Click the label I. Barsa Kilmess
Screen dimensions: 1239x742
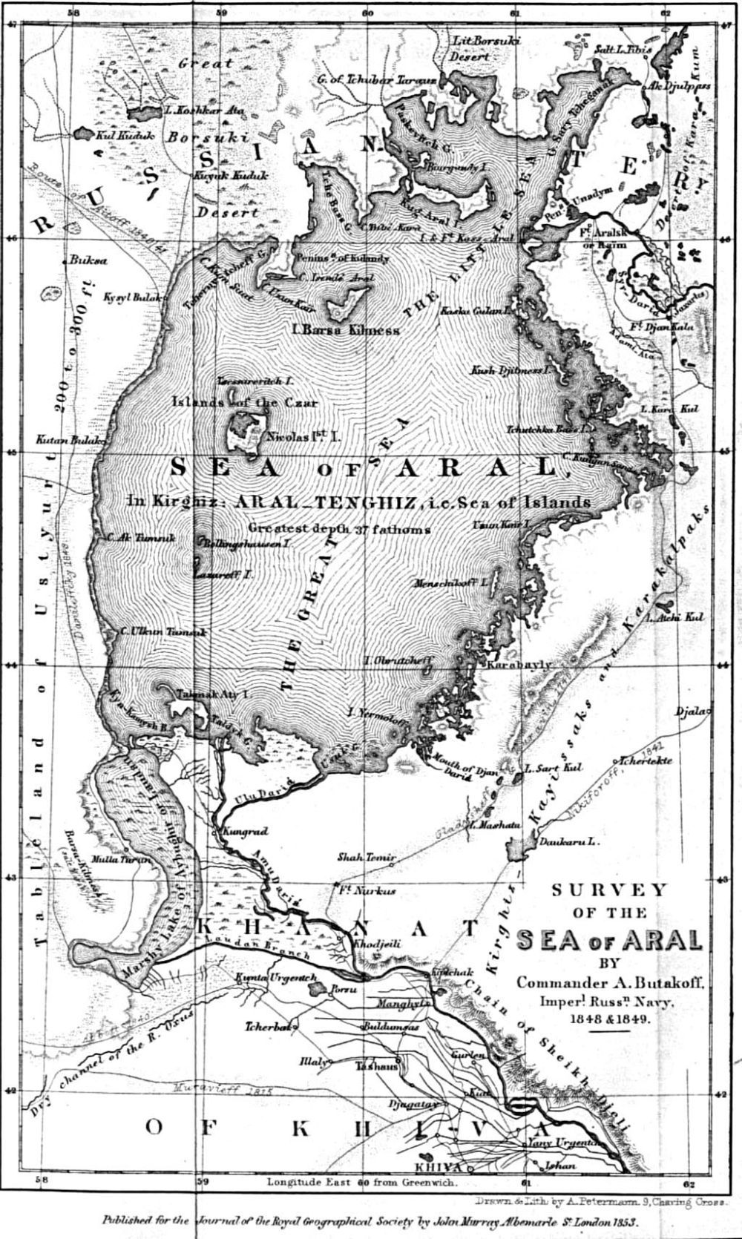tap(347, 331)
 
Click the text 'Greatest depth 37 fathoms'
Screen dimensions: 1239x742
tap(340, 529)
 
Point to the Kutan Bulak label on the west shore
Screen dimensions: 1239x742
tap(65, 440)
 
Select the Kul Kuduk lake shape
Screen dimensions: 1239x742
tap(81, 135)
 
